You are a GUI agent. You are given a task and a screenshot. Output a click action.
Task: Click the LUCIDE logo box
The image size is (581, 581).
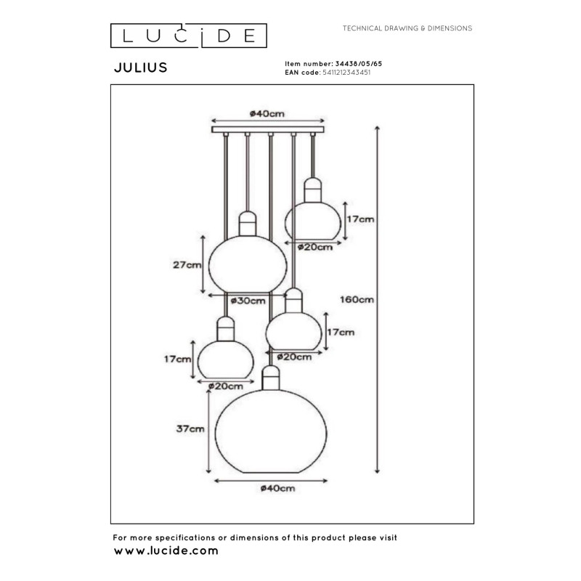(x=188, y=35)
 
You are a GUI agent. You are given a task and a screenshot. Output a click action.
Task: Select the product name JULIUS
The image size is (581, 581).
(x=141, y=68)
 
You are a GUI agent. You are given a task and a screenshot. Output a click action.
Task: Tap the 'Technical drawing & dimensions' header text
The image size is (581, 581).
(x=407, y=28)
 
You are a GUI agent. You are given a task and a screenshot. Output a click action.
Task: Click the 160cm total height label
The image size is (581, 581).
(x=357, y=299)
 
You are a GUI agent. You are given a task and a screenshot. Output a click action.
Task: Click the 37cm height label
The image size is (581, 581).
(x=191, y=429)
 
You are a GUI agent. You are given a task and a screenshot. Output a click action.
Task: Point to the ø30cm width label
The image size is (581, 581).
(x=248, y=301)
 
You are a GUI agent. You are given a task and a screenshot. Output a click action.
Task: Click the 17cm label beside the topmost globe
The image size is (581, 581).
(x=361, y=219)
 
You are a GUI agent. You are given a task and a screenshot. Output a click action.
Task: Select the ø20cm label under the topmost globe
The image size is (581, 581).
(x=315, y=247)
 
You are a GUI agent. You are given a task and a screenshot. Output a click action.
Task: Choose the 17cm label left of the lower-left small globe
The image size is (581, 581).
(x=177, y=359)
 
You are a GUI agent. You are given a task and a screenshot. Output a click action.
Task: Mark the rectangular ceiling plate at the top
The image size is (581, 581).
(x=267, y=130)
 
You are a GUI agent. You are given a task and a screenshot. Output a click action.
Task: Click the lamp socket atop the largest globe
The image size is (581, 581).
(x=270, y=377)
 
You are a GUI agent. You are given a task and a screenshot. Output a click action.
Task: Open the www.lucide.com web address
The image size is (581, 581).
(x=166, y=551)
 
